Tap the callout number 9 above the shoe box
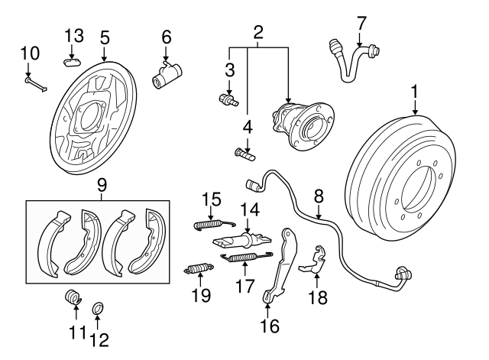102,185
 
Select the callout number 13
73,35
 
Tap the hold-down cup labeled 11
74,297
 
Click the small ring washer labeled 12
98,308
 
